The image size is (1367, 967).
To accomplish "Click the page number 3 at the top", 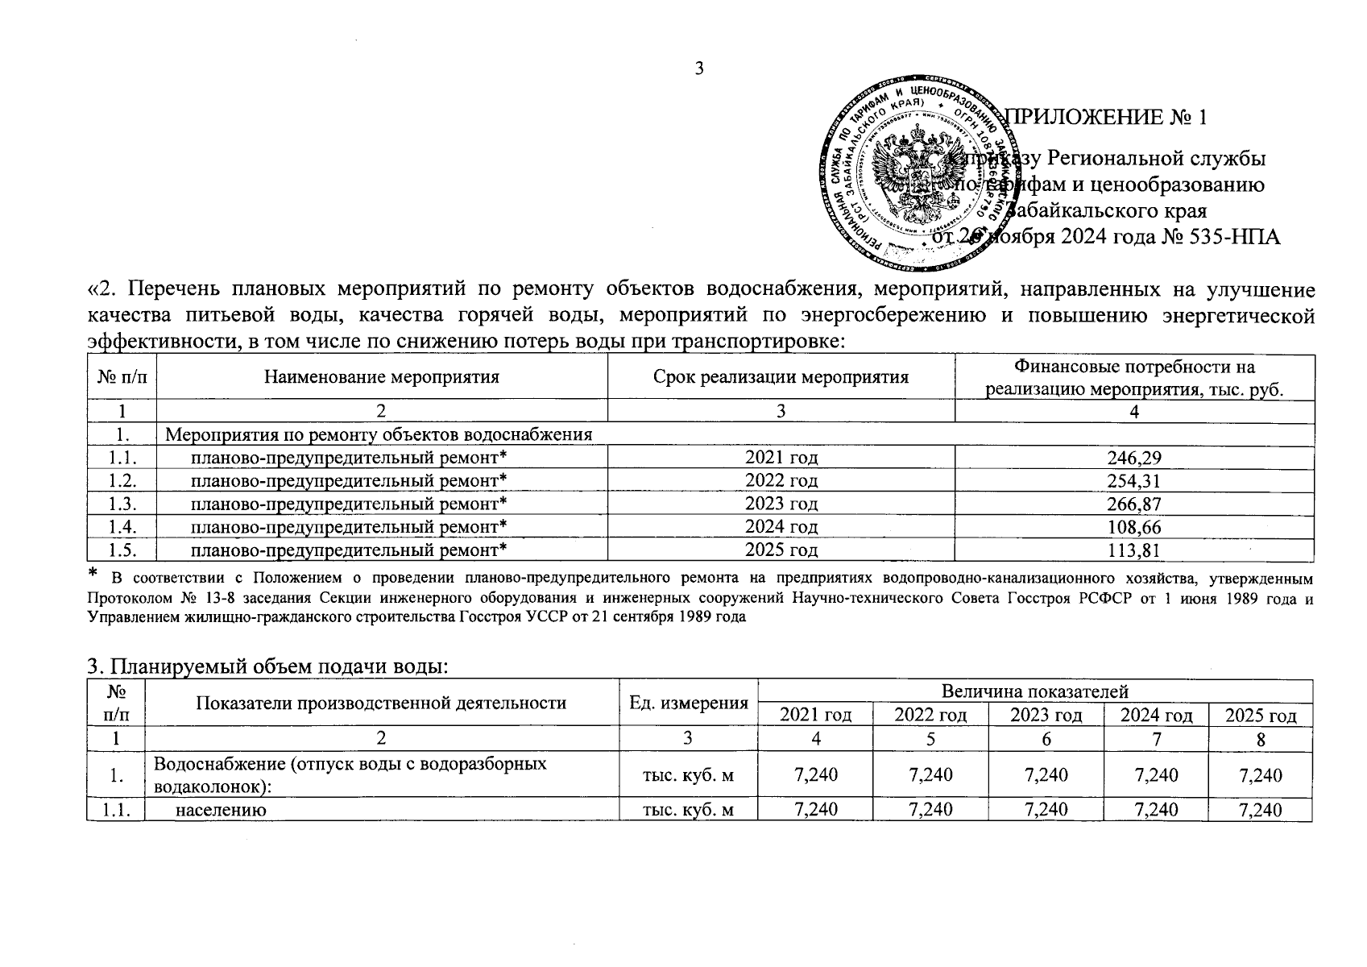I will [x=699, y=68].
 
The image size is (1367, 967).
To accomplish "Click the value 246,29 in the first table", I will [x=1133, y=458].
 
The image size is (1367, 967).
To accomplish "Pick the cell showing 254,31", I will [x=1133, y=481].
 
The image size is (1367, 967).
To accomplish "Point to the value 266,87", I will [x=1133, y=504].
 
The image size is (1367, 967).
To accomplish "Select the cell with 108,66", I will [x=1133, y=527].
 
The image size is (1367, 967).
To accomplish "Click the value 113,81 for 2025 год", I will [x=1133, y=550].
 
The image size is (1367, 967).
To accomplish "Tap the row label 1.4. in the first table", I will [x=122, y=527].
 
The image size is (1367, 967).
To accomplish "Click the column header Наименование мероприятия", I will [x=381, y=377].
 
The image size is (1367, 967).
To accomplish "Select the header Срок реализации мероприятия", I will [x=781, y=377].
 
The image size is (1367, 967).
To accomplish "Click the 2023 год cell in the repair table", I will [x=781, y=504].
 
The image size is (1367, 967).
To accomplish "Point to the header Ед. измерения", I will [x=688, y=703].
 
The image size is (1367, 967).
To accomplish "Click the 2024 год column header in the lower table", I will [x=1156, y=716].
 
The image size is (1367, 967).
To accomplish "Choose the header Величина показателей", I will [x=1035, y=691].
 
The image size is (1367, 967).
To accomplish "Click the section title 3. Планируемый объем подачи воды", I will [x=267, y=667].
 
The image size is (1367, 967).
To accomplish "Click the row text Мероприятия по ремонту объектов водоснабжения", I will [x=379, y=435].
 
